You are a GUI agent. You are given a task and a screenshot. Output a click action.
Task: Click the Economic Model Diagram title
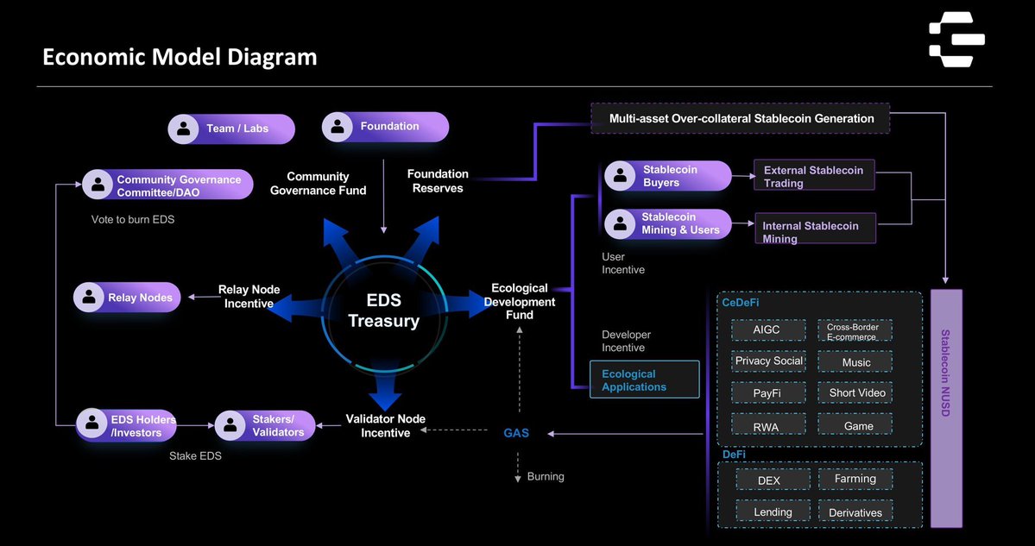(x=180, y=57)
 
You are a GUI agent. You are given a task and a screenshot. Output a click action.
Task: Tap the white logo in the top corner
(x=956, y=39)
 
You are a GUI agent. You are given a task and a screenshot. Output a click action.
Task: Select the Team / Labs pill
(x=231, y=129)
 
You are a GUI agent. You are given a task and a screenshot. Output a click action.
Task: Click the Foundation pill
(x=385, y=127)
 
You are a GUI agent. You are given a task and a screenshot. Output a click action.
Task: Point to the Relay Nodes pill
(x=128, y=298)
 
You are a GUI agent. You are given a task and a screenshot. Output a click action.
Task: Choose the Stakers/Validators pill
(x=265, y=425)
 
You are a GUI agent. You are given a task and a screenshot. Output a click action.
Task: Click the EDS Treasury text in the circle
(x=383, y=311)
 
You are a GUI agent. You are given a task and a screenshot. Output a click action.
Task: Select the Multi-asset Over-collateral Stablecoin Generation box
(x=740, y=118)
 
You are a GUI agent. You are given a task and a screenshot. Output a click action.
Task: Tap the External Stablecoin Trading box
(x=814, y=176)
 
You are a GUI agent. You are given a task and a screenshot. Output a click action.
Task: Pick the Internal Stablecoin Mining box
(x=814, y=231)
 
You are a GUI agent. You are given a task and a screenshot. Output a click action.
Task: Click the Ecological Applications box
(x=644, y=380)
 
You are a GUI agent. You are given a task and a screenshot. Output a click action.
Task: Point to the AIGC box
(x=767, y=330)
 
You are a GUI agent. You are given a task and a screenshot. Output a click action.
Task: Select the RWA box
(x=767, y=425)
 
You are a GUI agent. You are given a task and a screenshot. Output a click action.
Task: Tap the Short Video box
(x=855, y=393)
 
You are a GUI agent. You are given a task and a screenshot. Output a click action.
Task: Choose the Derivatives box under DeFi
(x=855, y=512)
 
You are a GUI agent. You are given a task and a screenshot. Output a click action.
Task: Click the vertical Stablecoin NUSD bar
(x=946, y=405)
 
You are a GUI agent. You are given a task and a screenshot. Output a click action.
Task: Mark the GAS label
(x=516, y=433)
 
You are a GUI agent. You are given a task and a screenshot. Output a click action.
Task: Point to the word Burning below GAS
(x=546, y=476)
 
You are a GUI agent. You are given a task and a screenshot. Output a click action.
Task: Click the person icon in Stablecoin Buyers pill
(x=620, y=176)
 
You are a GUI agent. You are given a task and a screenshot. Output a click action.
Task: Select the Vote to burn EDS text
(x=133, y=219)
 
